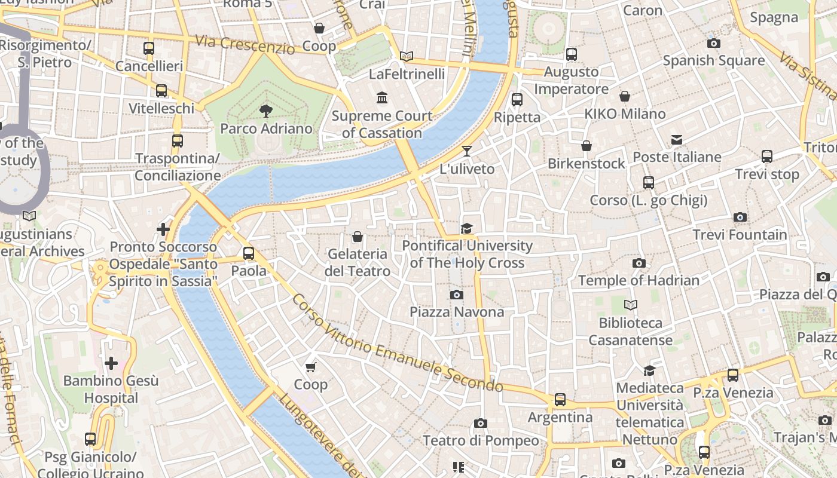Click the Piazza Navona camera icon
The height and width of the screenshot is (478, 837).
(x=456, y=295)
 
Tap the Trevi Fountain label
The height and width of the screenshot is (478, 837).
(x=740, y=235)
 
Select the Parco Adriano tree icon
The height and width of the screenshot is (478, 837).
(x=266, y=111)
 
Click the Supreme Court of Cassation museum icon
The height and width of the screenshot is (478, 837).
(x=381, y=97)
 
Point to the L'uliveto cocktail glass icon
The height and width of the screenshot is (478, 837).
(x=467, y=151)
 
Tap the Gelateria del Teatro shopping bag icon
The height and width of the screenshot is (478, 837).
(x=358, y=237)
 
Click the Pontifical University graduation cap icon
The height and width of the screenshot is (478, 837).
(x=466, y=228)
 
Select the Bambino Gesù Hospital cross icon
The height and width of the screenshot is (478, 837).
(x=111, y=363)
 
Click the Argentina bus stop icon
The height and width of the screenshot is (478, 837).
(x=560, y=400)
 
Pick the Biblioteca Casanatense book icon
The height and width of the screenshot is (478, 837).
(x=631, y=305)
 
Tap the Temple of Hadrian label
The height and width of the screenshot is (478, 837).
(x=639, y=280)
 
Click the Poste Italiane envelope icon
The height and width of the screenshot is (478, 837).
(x=677, y=140)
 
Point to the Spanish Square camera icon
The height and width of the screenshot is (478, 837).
(x=713, y=43)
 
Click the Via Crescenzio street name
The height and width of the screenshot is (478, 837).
(x=245, y=45)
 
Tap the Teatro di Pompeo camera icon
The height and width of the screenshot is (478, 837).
(x=480, y=424)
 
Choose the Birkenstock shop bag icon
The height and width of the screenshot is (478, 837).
(x=586, y=146)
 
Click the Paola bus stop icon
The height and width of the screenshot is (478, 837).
(x=249, y=253)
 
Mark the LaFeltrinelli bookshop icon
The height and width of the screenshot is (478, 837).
(x=407, y=56)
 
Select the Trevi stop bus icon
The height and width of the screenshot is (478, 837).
(x=767, y=157)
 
